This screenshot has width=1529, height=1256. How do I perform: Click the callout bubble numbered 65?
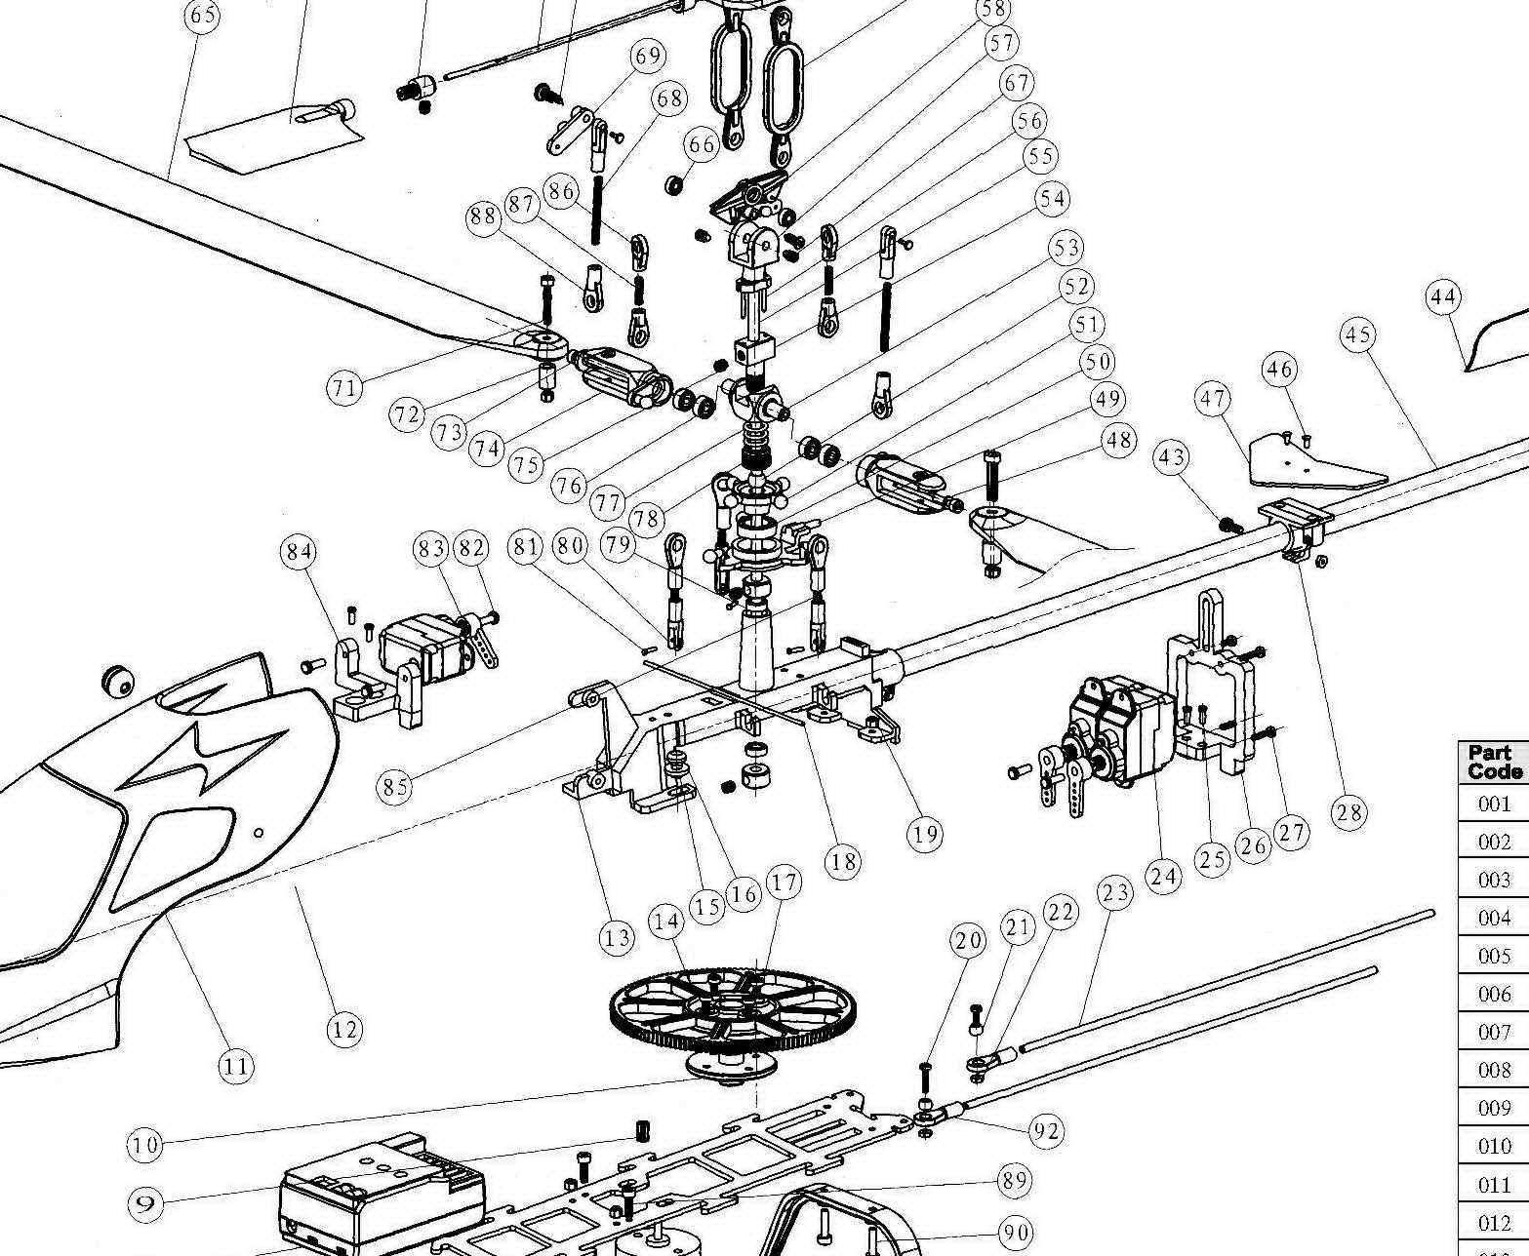click(202, 16)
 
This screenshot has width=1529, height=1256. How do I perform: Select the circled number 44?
click(1443, 296)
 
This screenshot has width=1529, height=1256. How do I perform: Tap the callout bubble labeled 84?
click(299, 551)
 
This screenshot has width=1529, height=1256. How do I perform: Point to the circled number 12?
click(343, 1029)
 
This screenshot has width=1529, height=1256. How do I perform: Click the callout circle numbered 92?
click(1046, 1131)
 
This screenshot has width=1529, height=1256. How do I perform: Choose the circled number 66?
click(703, 144)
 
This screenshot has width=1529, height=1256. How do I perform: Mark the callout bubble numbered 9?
click(145, 1203)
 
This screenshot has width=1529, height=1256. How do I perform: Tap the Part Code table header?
click(1494, 762)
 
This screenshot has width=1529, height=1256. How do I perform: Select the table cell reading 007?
click(1494, 1032)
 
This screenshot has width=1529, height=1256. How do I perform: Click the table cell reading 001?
click(1494, 805)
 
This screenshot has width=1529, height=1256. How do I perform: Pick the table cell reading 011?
click(1494, 1185)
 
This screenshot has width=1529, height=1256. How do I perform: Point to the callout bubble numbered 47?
click(1213, 399)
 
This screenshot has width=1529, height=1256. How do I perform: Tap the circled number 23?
click(1114, 892)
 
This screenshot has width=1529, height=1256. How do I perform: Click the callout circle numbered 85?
click(395, 786)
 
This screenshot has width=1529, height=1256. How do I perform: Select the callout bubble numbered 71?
click(343, 388)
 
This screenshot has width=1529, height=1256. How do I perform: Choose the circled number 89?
click(1015, 1181)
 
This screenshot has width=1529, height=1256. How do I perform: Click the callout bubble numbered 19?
click(925, 834)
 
